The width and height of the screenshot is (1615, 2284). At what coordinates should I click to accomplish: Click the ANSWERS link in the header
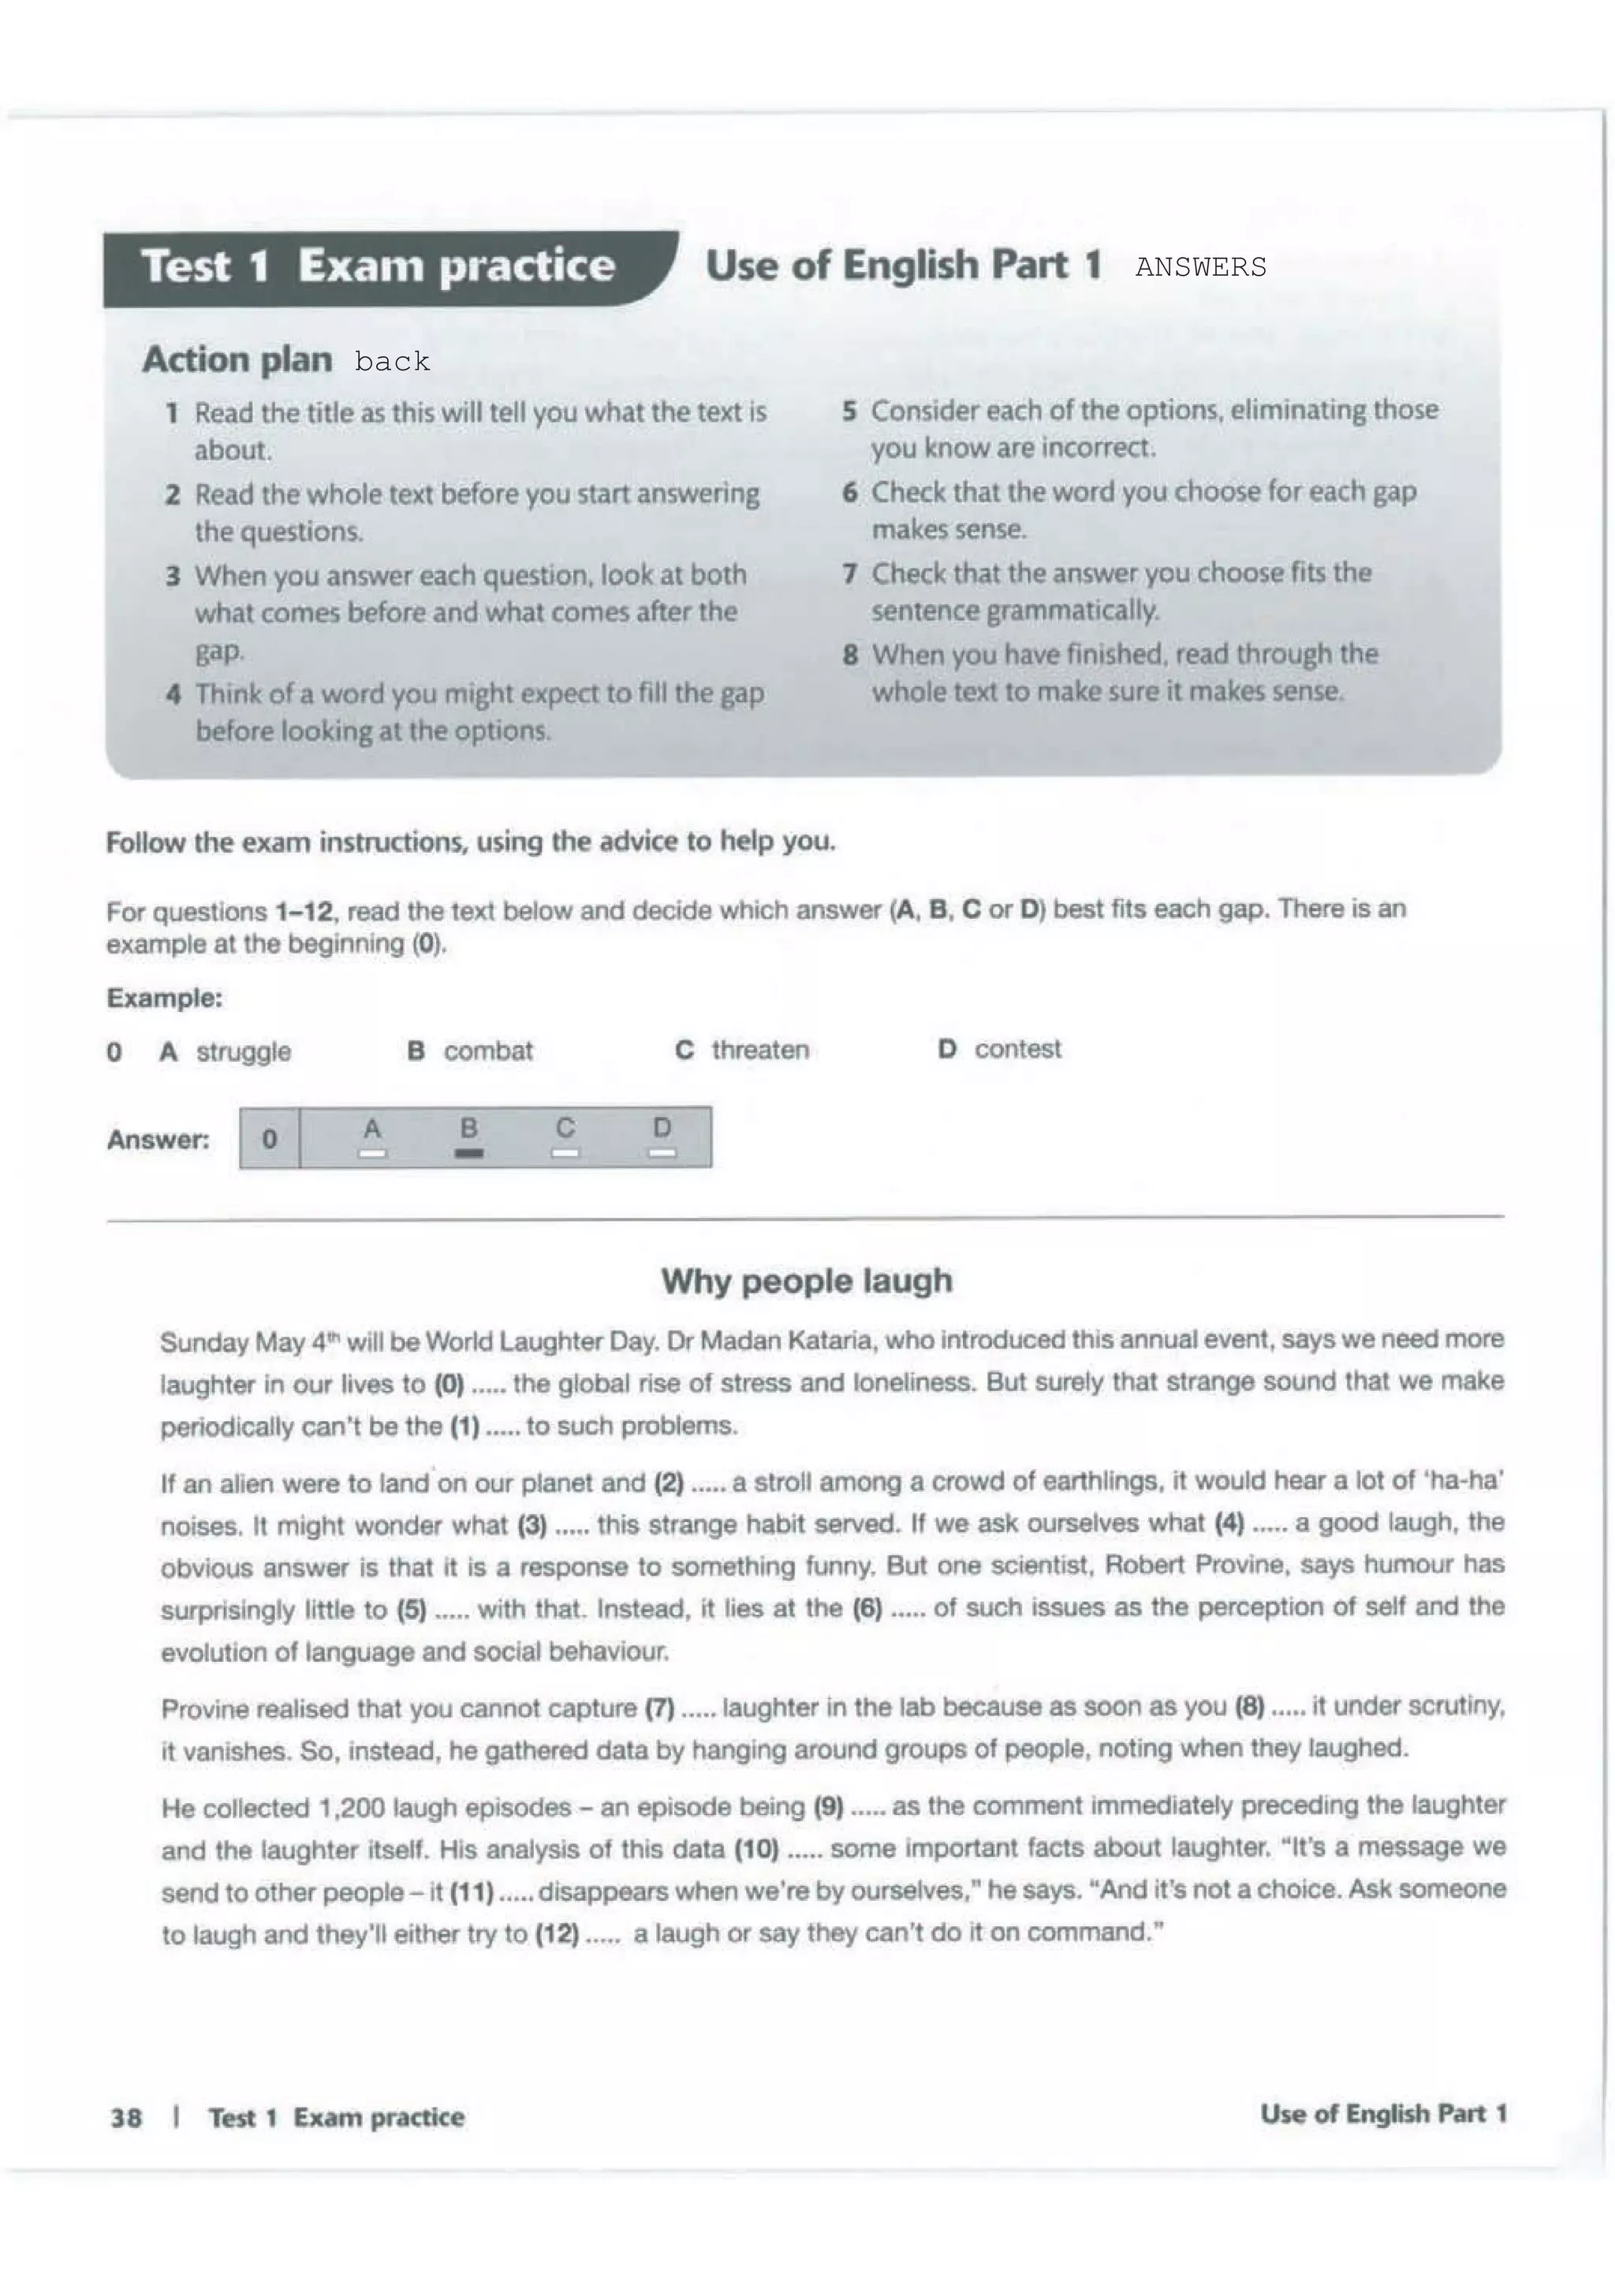tap(1200, 268)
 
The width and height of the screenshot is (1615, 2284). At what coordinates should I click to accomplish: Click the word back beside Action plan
tap(392, 361)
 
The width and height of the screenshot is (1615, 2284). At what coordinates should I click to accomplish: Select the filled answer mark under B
tap(468, 1153)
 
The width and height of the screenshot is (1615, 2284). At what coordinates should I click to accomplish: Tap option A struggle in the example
tap(225, 1051)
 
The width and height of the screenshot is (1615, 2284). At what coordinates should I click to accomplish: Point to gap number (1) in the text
tap(464, 1426)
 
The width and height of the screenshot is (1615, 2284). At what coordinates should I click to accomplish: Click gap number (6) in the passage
tap(867, 1609)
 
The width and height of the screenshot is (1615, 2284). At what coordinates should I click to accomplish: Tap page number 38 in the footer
tap(126, 2117)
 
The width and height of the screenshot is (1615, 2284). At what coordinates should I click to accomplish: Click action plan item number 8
tap(850, 655)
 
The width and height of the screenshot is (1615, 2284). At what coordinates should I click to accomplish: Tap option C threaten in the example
tap(742, 1050)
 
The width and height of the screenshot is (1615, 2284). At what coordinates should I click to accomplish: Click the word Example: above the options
tap(164, 998)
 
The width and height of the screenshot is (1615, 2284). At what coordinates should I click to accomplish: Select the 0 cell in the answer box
tap(270, 1138)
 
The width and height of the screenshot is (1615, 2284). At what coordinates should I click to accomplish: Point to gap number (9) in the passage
tap(829, 1806)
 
